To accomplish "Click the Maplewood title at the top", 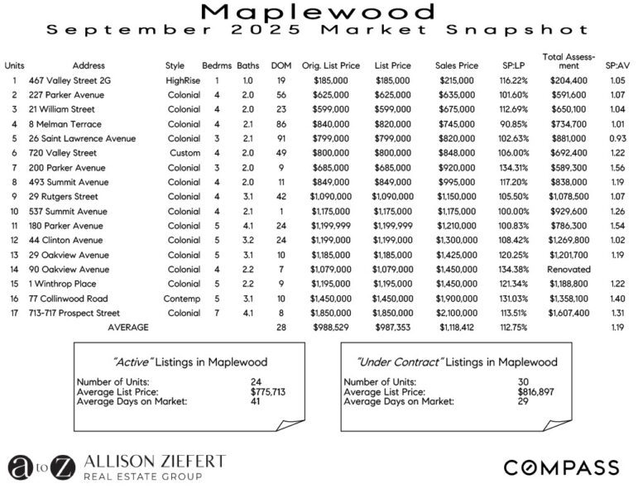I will (319, 12).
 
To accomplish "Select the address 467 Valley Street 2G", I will (64, 81).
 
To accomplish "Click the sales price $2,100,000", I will (456, 314).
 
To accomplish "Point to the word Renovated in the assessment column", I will (568, 270).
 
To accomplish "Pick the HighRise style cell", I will (181, 81).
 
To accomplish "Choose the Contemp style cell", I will (182, 299).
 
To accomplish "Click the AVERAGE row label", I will (128, 328).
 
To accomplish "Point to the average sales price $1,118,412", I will (456, 328).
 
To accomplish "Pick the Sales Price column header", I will (456, 65).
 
